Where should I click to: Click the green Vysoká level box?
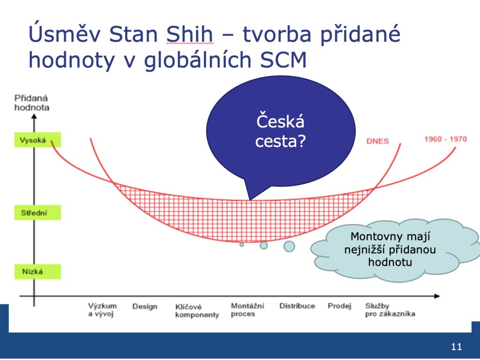(37, 140)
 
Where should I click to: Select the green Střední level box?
(37, 212)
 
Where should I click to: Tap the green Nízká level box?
(37, 271)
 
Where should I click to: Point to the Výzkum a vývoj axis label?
(102, 310)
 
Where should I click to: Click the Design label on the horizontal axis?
(145, 307)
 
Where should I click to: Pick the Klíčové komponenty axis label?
(197, 311)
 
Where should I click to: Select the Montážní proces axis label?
(247, 310)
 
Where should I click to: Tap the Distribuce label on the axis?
(297, 306)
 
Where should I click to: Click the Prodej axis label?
(339, 306)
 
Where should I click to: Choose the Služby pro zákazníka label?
(390, 310)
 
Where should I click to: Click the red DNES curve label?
(378, 141)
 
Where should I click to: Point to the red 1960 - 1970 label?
(445, 139)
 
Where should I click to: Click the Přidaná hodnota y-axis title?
(32, 103)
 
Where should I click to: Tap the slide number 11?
(456, 346)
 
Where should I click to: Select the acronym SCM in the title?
(283, 60)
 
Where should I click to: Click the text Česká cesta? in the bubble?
(280, 131)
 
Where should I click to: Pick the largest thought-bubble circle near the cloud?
(289, 246)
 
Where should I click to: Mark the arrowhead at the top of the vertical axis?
(34, 116)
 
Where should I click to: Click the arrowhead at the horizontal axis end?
(437, 296)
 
